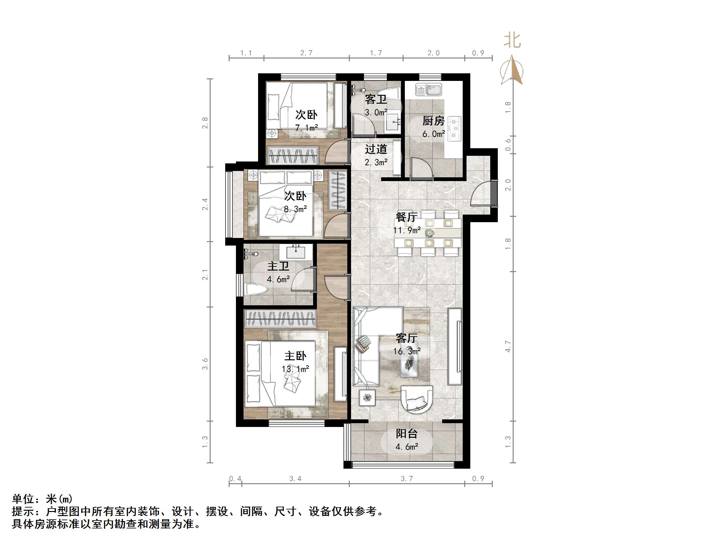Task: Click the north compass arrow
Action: [512, 70]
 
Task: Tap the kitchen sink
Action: [429, 89]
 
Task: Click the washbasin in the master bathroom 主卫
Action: [296, 252]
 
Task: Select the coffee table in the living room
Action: [409, 363]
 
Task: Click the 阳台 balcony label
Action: [407, 434]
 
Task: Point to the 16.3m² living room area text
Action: [407, 351]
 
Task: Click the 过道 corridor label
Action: [376, 149]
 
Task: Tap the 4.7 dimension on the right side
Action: [508, 346]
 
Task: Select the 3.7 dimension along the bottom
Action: [407, 478]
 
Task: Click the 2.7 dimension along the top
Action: [306, 53]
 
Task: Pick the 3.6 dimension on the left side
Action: [205, 364]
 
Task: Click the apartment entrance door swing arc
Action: [480, 195]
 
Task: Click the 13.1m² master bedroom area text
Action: [295, 369]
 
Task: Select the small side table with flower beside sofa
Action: [367, 398]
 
